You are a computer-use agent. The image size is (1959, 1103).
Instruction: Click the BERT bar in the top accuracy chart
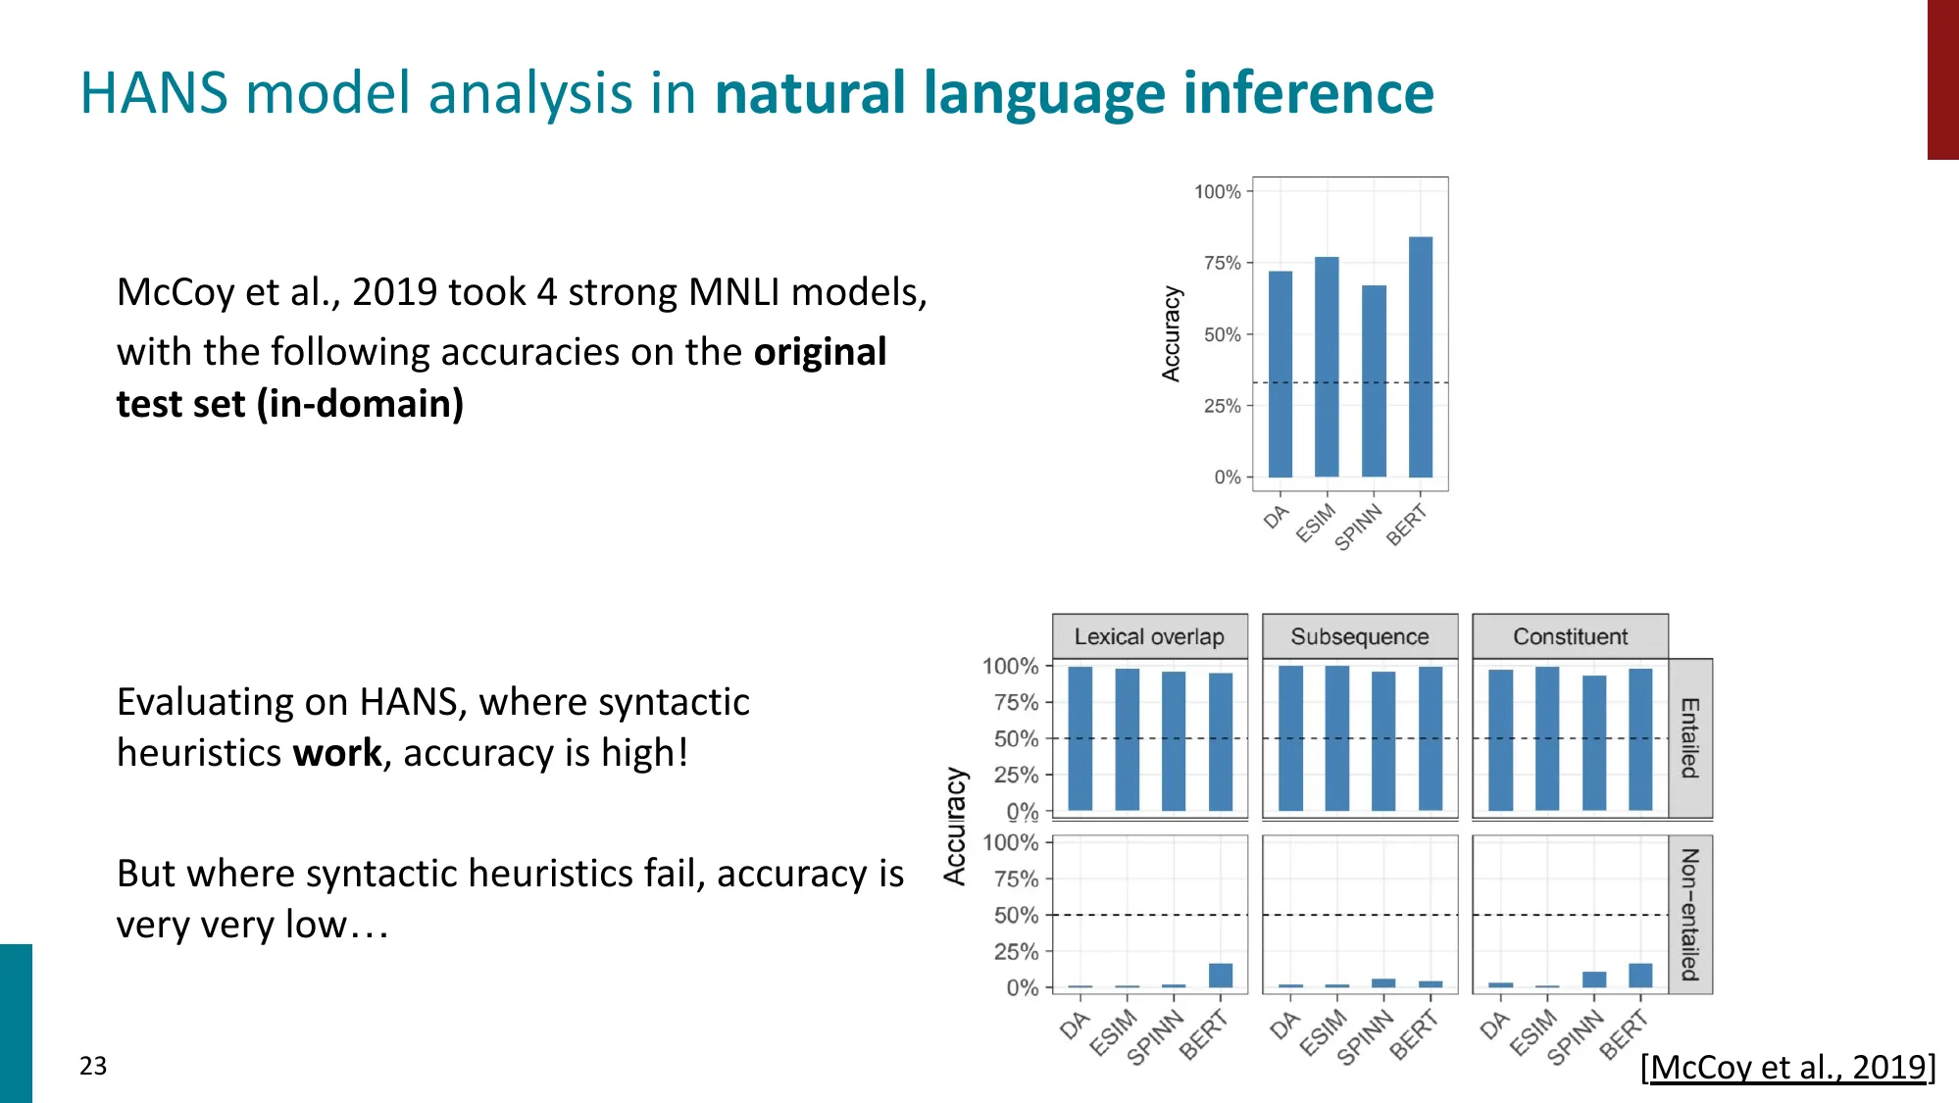click(1420, 357)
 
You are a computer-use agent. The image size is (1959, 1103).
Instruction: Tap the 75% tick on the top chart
click(1222, 263)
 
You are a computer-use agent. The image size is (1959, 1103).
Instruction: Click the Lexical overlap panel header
click(1149, 636)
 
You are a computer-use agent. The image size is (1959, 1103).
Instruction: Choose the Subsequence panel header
click(1359, 636)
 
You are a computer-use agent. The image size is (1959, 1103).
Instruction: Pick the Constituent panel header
click(1570, 636)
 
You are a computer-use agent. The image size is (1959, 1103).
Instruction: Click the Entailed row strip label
click(1689, 738)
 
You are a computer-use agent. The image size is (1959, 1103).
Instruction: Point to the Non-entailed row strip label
click(1689, 914)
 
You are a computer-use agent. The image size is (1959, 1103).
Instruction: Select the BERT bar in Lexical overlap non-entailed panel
click(1221, 976)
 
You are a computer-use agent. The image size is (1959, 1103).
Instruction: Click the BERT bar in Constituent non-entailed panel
click(1640, 976)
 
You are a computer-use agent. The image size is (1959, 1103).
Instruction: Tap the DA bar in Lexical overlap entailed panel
click(1080, 738)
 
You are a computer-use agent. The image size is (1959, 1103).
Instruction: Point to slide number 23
click(93, 1066)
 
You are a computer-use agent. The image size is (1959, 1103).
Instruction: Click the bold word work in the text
click(336, 753)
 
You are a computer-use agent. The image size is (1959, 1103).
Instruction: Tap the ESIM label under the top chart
click(1316, 523)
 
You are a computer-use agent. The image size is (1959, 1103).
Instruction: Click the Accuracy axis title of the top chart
click(1171, 333)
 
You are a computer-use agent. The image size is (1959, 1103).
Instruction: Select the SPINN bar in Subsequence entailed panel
click(1383, 741)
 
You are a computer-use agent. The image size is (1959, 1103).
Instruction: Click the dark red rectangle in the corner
click(1942, 78)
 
